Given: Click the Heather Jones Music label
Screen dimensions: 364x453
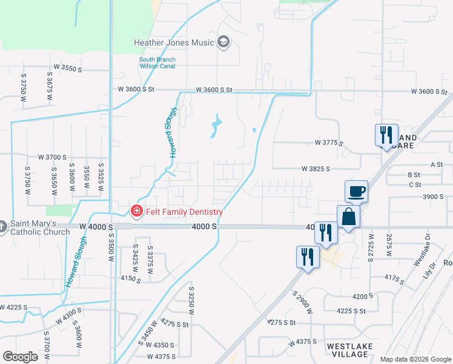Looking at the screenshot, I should coord(174,42).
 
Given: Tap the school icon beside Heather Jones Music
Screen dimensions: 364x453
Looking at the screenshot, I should coord(223,42).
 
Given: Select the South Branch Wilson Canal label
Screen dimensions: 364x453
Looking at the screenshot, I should coord(157,62).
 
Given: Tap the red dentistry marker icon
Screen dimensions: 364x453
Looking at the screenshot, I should coord(136,212).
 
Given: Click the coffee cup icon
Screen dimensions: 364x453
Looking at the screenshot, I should coord(357,192).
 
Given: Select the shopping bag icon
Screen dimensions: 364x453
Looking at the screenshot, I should coord(349,217).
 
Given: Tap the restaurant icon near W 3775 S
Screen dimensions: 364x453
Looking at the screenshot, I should coord(386,135).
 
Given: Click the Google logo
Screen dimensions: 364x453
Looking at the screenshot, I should coord(20,357).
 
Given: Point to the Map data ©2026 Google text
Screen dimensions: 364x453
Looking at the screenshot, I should coord(415,359).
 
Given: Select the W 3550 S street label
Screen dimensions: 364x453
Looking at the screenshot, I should coord(68,69).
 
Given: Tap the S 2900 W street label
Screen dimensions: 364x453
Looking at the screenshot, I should coord(303,303).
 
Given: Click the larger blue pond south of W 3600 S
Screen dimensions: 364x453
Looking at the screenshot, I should coord(216,126).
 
